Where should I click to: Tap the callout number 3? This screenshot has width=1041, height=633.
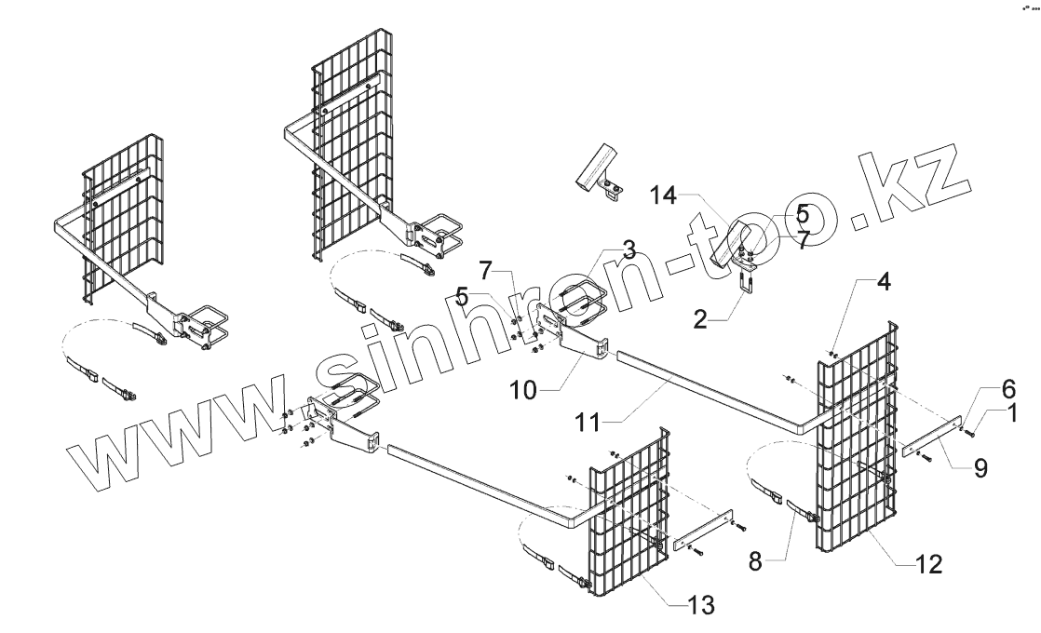(x=629, y=249)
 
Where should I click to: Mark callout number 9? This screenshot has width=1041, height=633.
(x=980, y=470)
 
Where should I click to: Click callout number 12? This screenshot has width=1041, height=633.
(x=930, y=562)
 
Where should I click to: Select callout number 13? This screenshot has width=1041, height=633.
(x=701, y=607)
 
